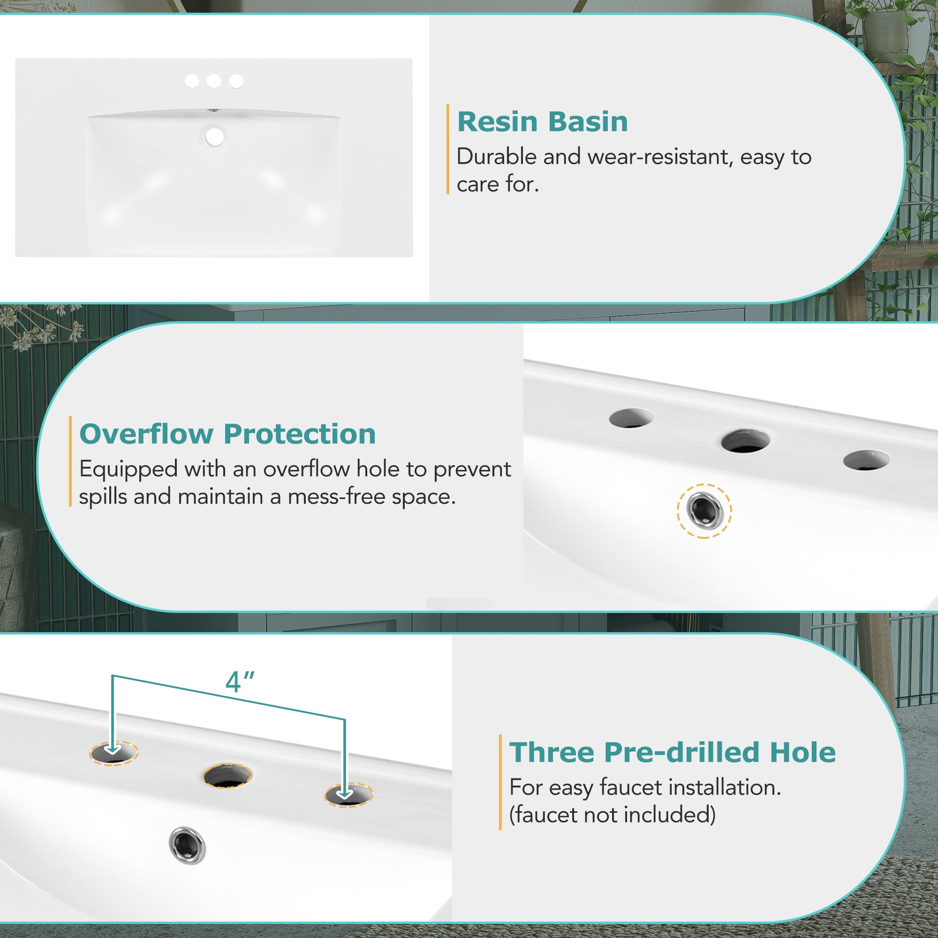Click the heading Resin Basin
[542, 121]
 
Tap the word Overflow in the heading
[146, 433]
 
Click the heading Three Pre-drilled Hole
[672, 752]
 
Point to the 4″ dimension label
[240, 682]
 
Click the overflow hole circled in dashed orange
[705, 511]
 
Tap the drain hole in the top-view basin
[214, 137]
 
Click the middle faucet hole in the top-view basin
[214, 81]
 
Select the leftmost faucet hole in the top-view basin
[192, 81]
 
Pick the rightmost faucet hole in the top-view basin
[236, 81]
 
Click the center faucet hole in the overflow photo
[745, 441]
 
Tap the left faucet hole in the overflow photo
[631, 418]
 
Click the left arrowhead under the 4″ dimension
[113, 749]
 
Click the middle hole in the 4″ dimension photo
[228, 776]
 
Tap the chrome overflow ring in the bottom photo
[188, 845]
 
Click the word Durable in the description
[496, 157]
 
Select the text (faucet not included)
[612, 815]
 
